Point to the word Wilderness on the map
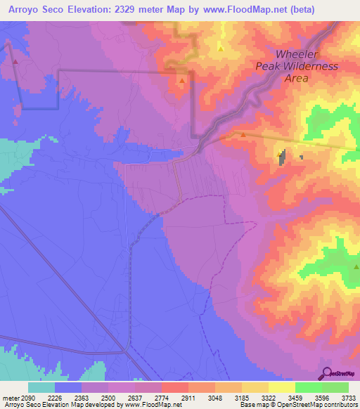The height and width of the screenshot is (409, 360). [307, 67]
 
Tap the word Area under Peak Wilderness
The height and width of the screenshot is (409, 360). [296, 79]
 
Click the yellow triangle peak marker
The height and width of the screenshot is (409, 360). [221, 49]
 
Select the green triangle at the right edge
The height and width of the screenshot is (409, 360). [356, 266]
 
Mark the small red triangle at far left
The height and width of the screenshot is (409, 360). [14, 60]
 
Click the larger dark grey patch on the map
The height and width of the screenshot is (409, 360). [283, 157]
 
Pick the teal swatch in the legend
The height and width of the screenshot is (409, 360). [41, 387]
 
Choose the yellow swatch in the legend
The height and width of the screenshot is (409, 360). [282, 387]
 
